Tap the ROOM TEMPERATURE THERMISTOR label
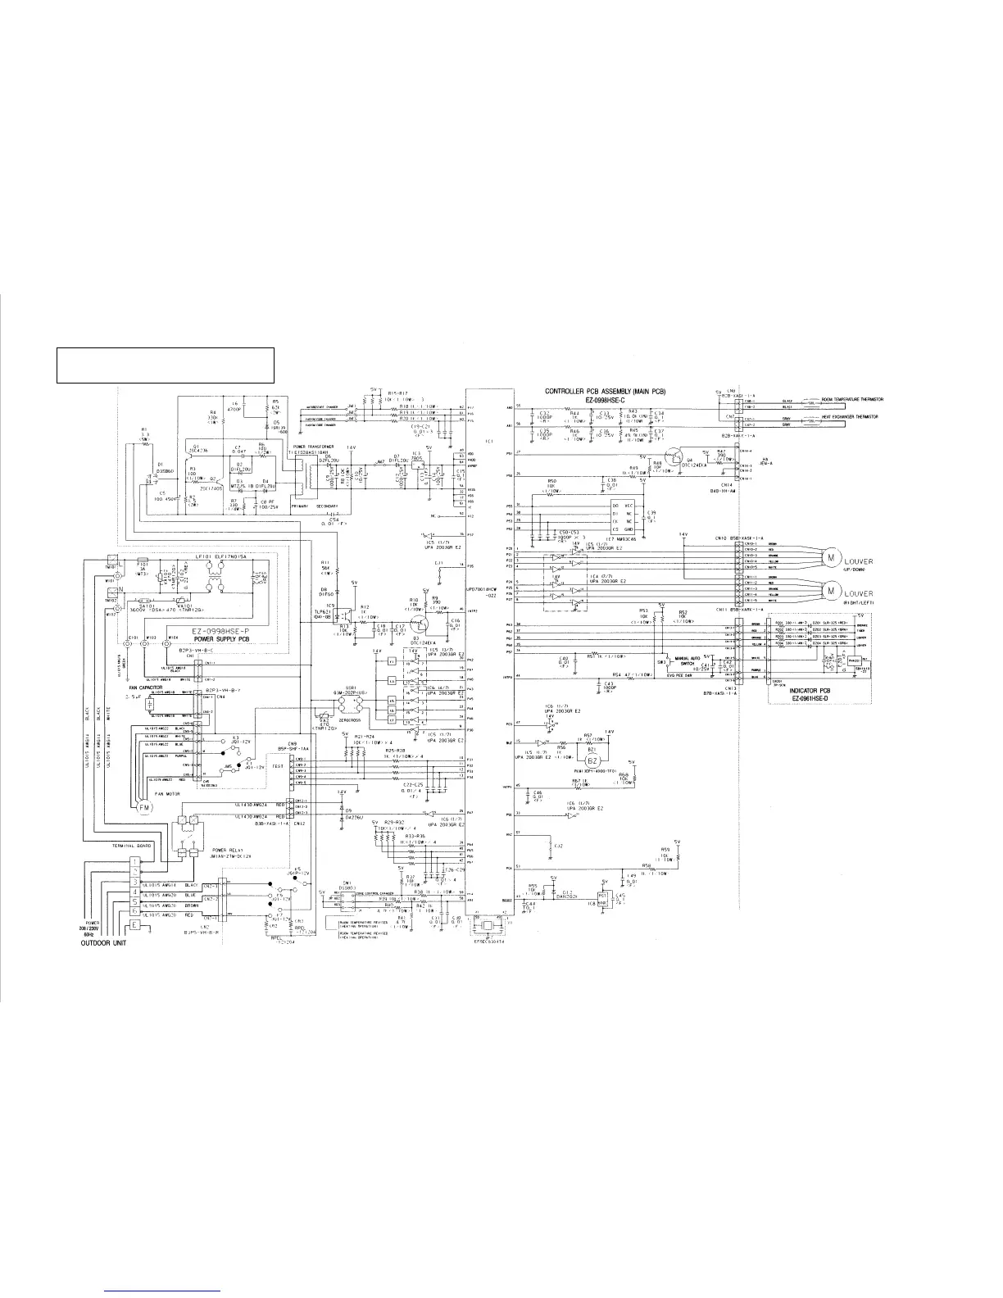(852, 399)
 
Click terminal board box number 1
(134, 861)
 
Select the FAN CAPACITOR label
(143, 688)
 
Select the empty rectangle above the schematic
(165, 365)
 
